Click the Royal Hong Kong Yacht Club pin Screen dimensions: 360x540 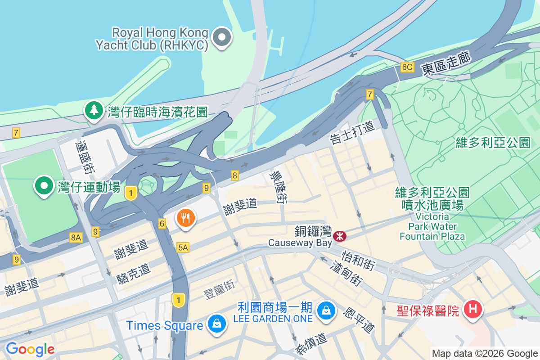click(222, 37)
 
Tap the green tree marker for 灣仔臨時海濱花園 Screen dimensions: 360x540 click(94, 110)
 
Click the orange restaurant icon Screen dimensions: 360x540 click(185, 219)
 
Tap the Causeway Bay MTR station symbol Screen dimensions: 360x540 click(340, 235)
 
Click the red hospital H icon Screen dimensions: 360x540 click(472, 310)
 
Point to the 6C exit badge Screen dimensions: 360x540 click(407, 67)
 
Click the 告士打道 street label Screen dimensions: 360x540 click(352, 133)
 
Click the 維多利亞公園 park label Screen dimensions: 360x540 click(493, 143)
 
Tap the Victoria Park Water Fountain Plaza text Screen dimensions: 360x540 click(432, 226)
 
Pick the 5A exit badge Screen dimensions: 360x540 click(183, 247)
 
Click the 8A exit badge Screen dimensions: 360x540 click(76, 237)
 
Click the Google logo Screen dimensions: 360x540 click(30, 349)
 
